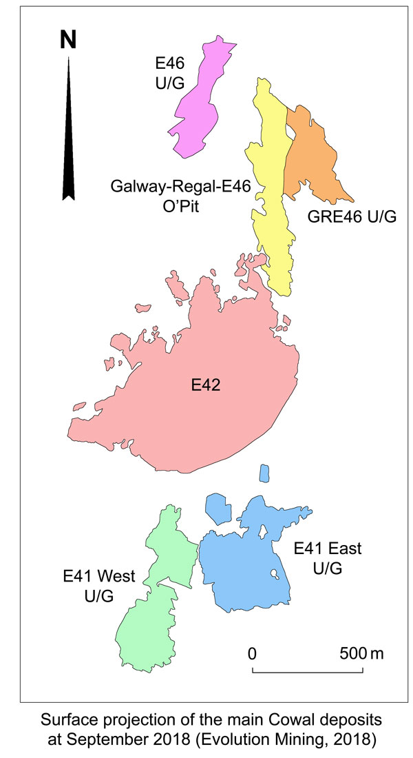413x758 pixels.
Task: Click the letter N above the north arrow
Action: [68, 41]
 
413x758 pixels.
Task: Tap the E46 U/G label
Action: [170, 74]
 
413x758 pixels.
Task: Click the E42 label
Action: [205, 387]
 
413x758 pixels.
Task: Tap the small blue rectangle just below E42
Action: [264, 473]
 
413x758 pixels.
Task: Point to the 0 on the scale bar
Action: [253, 653]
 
